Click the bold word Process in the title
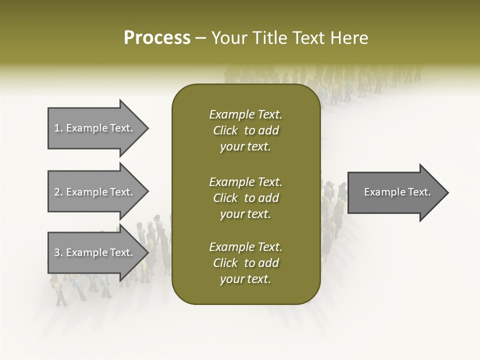pos(157,38)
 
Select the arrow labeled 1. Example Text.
pos(95,128)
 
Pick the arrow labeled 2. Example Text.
pos(95,192)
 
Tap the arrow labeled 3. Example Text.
pos(95,252)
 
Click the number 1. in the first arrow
pos(58,128)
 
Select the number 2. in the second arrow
pos(58,192)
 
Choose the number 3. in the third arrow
pos(58,252)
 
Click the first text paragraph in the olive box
pos(245,130)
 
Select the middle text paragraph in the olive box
pos(245,198)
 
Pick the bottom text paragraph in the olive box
pos(245,263)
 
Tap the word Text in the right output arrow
pos(419,192)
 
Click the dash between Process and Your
pos(201,38)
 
